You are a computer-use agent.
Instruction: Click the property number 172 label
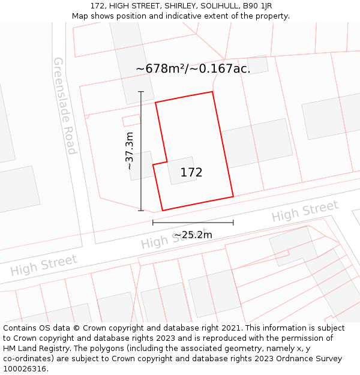191,173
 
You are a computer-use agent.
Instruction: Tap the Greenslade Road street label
65,106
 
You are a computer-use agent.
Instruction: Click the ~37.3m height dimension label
130,151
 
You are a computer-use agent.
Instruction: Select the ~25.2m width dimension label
193,235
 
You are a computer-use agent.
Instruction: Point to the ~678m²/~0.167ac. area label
193,69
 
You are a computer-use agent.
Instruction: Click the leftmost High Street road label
44,265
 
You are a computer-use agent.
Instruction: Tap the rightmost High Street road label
305,212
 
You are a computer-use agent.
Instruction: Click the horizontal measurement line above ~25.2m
193,223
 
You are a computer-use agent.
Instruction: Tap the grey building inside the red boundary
181,170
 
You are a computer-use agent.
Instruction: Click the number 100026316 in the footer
24,369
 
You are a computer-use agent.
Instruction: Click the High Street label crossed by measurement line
168,238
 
